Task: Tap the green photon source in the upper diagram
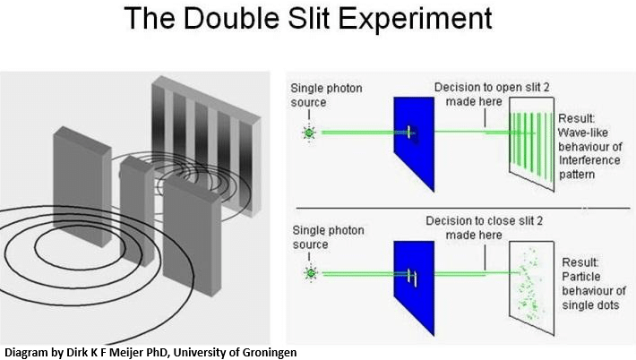[310, 134]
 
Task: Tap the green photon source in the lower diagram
[310, 272]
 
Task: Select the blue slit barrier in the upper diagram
[413, 139]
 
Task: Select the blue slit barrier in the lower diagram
[413, 278]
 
